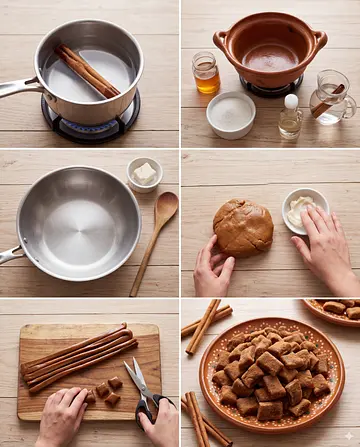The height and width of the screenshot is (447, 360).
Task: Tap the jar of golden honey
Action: pos(206,75)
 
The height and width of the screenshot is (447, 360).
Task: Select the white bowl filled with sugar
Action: pos(231,114)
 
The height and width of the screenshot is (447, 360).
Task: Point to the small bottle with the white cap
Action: pos(290,117)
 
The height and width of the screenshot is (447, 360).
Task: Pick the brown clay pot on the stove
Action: pos(270,50)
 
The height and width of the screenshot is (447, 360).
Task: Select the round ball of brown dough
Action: pos(243,227)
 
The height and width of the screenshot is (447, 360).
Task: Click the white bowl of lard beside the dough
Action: pos(303,210)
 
